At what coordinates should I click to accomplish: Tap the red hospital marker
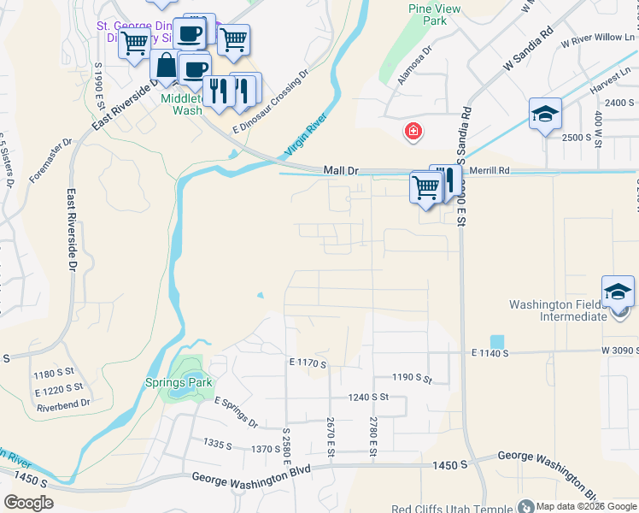tap(413, 131)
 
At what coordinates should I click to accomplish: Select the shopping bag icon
tap(164, 65)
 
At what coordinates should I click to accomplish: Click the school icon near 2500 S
tap(545, 114)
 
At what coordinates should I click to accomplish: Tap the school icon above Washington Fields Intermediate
tap(618, 292)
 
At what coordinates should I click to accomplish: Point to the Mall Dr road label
tap(341, 171)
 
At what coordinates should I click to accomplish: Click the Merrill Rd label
tap(491, 171)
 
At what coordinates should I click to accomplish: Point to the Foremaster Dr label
tap(51, 161)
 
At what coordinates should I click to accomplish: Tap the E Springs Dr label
tap(236, 412)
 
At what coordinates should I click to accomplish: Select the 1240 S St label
tap(368, 397)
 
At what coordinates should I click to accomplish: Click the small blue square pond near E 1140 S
tap(497, 341)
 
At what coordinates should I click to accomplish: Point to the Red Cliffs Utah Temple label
tap(452, 508)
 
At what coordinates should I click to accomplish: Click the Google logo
tap(29, 503)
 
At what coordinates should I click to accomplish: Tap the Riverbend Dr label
tap(63, 404)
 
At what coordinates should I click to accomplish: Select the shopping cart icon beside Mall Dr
tap(425, 186)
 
